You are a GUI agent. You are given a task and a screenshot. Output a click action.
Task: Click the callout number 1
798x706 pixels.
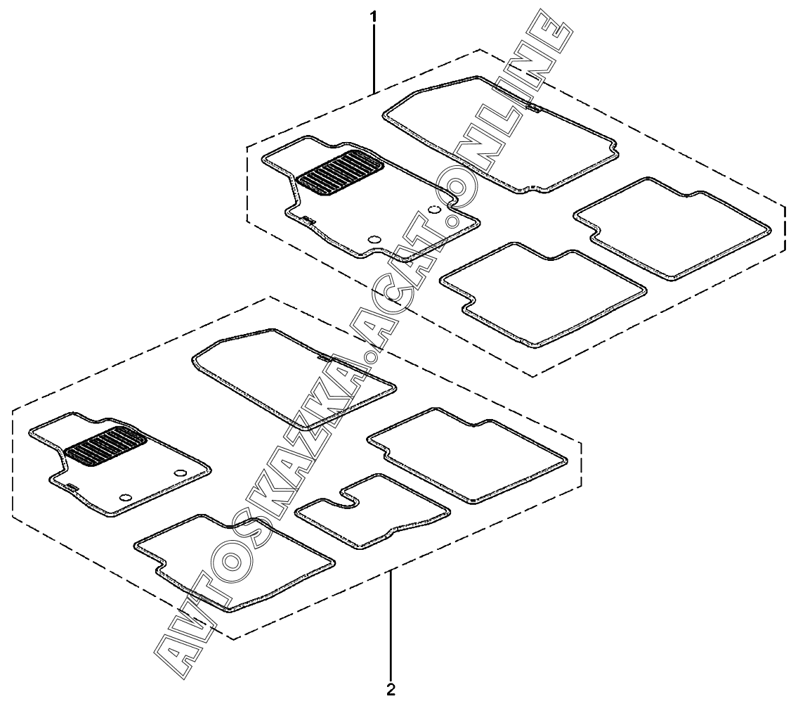pyautogui.click(x=374, y=15)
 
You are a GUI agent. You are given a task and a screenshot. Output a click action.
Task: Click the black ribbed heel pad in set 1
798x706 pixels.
pyautogui.click(x=340, y=174)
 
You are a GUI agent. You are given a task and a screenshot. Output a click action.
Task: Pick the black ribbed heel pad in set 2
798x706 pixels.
pyautogui.click(x=105, y=446)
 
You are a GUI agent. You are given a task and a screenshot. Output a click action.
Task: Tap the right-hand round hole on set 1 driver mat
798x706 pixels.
pyautogui.click(x=434, y=210)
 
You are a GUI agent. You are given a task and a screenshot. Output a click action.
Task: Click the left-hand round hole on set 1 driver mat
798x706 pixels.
pyautogui.click(x=374, y=240)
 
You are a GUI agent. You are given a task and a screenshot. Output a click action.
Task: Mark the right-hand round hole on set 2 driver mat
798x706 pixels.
pyautogui.click(x=179, y=473)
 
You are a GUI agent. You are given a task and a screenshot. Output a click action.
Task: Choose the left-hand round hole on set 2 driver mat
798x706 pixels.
pyautogui.click(x=126, y=497)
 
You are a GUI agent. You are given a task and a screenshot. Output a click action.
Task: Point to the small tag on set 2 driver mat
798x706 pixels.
pyautogui.click(x=70, y=485)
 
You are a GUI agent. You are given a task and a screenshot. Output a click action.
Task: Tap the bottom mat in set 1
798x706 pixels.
pyautogui.click(x=544, y=292)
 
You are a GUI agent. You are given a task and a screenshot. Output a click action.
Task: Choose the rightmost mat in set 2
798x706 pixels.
pyautogui.click(x=467, y=454)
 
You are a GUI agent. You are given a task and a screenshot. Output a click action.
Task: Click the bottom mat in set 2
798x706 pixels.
pyautogui.click(x=232, y=559)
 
